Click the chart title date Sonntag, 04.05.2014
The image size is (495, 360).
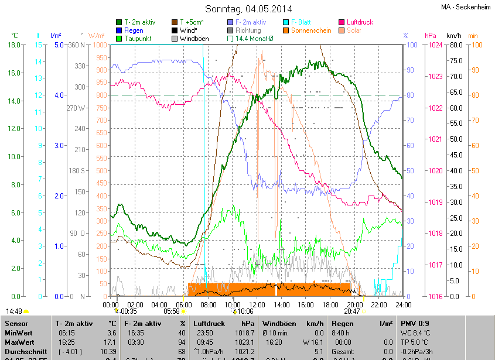(249, 9)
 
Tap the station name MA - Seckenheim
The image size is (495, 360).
(466, 7)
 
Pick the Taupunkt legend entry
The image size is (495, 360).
(138, 39)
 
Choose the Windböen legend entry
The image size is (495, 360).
(193, 39)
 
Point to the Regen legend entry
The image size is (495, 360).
(134, 30)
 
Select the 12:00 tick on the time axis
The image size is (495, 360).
(257, 304)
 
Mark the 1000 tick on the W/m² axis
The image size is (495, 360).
(100, 45)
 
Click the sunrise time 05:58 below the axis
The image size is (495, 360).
(172, 312)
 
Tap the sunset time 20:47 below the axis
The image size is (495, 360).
(351, 312)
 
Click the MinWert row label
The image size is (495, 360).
(18, 332)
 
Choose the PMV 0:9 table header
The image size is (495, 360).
(415, 323)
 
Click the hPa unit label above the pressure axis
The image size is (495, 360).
(431, 36)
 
